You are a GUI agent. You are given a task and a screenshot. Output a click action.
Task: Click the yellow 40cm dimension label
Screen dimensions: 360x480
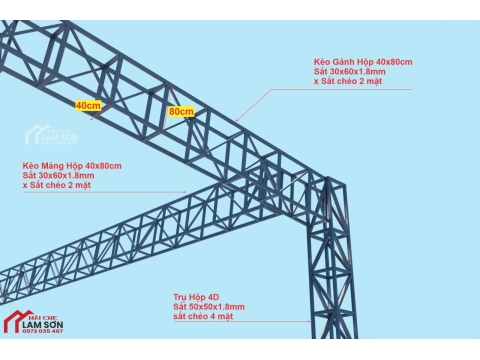pyautogui.click(x=87, y=104)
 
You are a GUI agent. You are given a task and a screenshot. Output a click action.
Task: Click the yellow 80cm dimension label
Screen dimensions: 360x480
pyautogui.click(x=181, y=111)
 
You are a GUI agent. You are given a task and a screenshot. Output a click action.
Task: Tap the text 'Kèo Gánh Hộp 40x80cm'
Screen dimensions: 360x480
pyautogui.click(x=363, y=62)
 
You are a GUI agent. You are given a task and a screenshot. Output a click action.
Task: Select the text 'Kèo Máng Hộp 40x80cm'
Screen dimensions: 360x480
pyautogui.click(x=72, y=165)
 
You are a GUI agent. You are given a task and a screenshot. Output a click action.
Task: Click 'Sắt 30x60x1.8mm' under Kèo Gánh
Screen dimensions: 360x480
pyautogui.click(x=350, y=72)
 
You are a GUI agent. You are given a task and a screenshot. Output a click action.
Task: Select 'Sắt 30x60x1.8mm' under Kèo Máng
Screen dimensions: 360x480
pyautogui.click(x=59, y=175)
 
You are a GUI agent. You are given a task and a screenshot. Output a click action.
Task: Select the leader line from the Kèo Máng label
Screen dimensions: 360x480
pyautogui.click(x=150, y=191)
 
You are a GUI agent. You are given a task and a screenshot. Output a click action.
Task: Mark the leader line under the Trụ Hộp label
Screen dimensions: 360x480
pyautogui.click(x=270, y=322)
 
